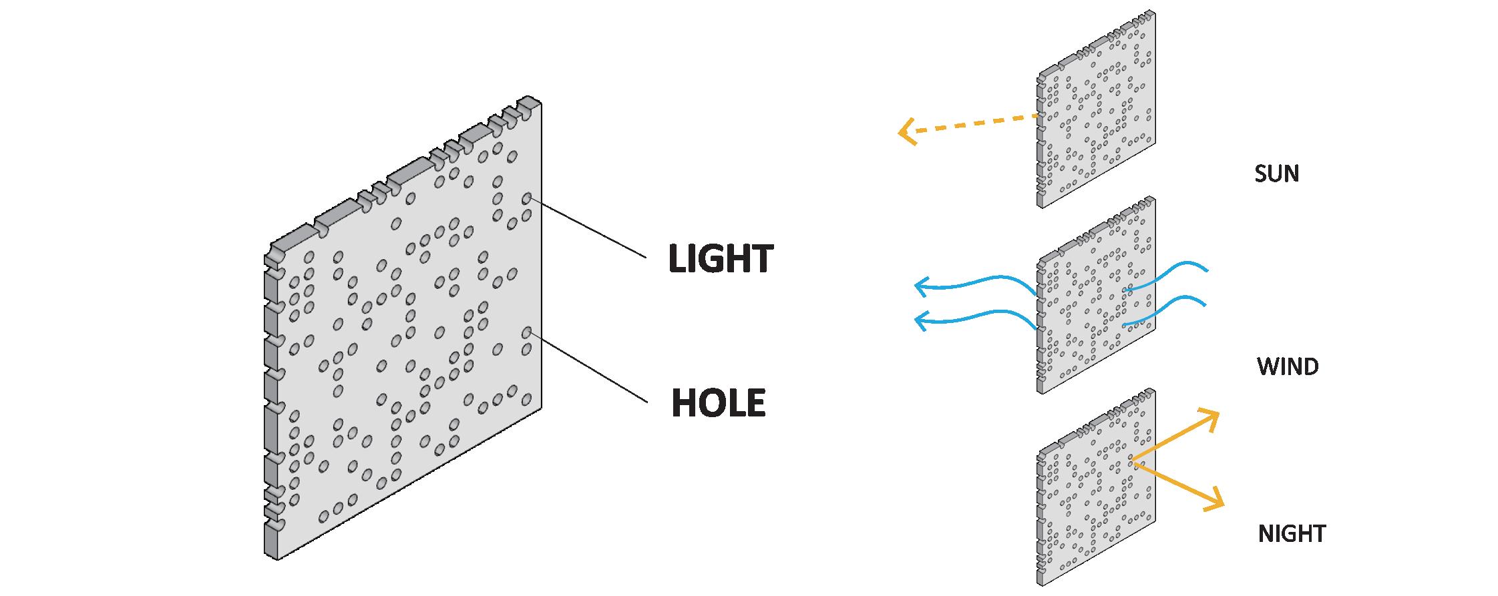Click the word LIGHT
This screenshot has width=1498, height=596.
pyautogui.click(x=721, y=258)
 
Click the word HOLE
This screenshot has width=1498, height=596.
pyautogui.click(x=718, y=403)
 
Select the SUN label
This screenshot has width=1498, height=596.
pyautogui.click(x=1276, y=174)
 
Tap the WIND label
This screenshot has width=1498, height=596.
pyautogui.click(x=1288, y=366)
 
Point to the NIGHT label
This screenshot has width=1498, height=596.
pyautogui.click(x=1292, y=534)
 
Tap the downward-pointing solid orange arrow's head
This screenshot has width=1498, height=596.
pyautogui.click(x=1218, y=504)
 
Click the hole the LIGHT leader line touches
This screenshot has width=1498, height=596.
pyautogui.click(x=526, y=198)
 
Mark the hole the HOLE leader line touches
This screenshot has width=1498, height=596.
pyautogui.click(x=526, y=332)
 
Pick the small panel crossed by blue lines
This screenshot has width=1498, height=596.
pyautogui.click(x=1095, y=297)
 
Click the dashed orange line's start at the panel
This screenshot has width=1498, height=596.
pyautogui.click(x=1037, y=116)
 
